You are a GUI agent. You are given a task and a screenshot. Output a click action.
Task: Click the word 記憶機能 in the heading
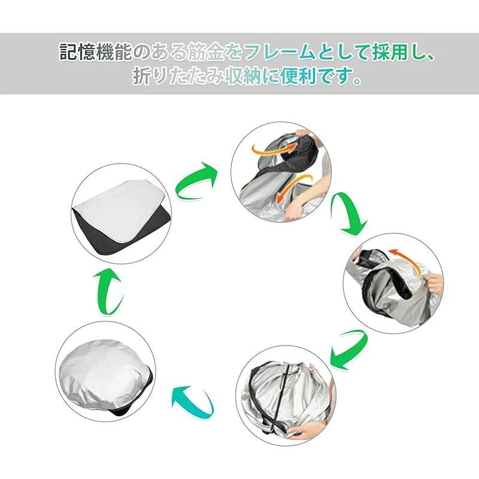(96, 52)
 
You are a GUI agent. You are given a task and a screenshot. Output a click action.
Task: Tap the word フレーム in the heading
(280, 52)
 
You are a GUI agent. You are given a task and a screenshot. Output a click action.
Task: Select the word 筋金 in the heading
(205, 52)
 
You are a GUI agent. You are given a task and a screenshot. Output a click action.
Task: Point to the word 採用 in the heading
(390, 52)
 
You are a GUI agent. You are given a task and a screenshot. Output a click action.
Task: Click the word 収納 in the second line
(243, 76)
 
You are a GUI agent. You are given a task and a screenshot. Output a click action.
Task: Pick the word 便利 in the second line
(298, 76)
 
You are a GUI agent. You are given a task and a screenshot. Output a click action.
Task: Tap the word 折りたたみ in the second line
(178, 77)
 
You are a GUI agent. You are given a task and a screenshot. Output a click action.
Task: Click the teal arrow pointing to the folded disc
(192, 401)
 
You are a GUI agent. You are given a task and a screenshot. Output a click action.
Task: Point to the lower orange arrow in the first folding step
(293, 186)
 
